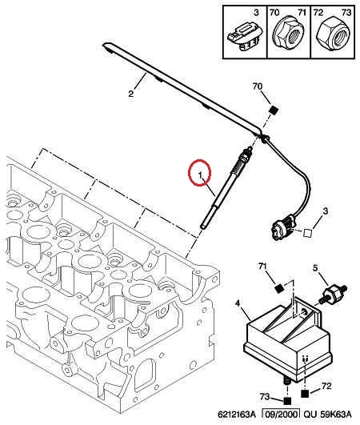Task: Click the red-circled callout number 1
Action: [200, 174]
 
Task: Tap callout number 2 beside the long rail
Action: [131, 94]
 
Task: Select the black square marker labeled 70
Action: [274, 110]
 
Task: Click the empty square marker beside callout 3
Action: [308, 233]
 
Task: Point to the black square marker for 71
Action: [279, 288]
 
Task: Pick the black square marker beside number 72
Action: [305, 393]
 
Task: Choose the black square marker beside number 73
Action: [287, 401]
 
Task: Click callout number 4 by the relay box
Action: [238, 303]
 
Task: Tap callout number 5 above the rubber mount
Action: [315, 268]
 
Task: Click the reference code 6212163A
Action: [236, 414]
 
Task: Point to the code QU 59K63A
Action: [327, 414]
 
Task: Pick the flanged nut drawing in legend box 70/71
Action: [288, 35]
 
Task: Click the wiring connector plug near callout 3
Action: [282, 229]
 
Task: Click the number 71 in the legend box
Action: [302, 13]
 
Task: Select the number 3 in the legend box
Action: [256, 13]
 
